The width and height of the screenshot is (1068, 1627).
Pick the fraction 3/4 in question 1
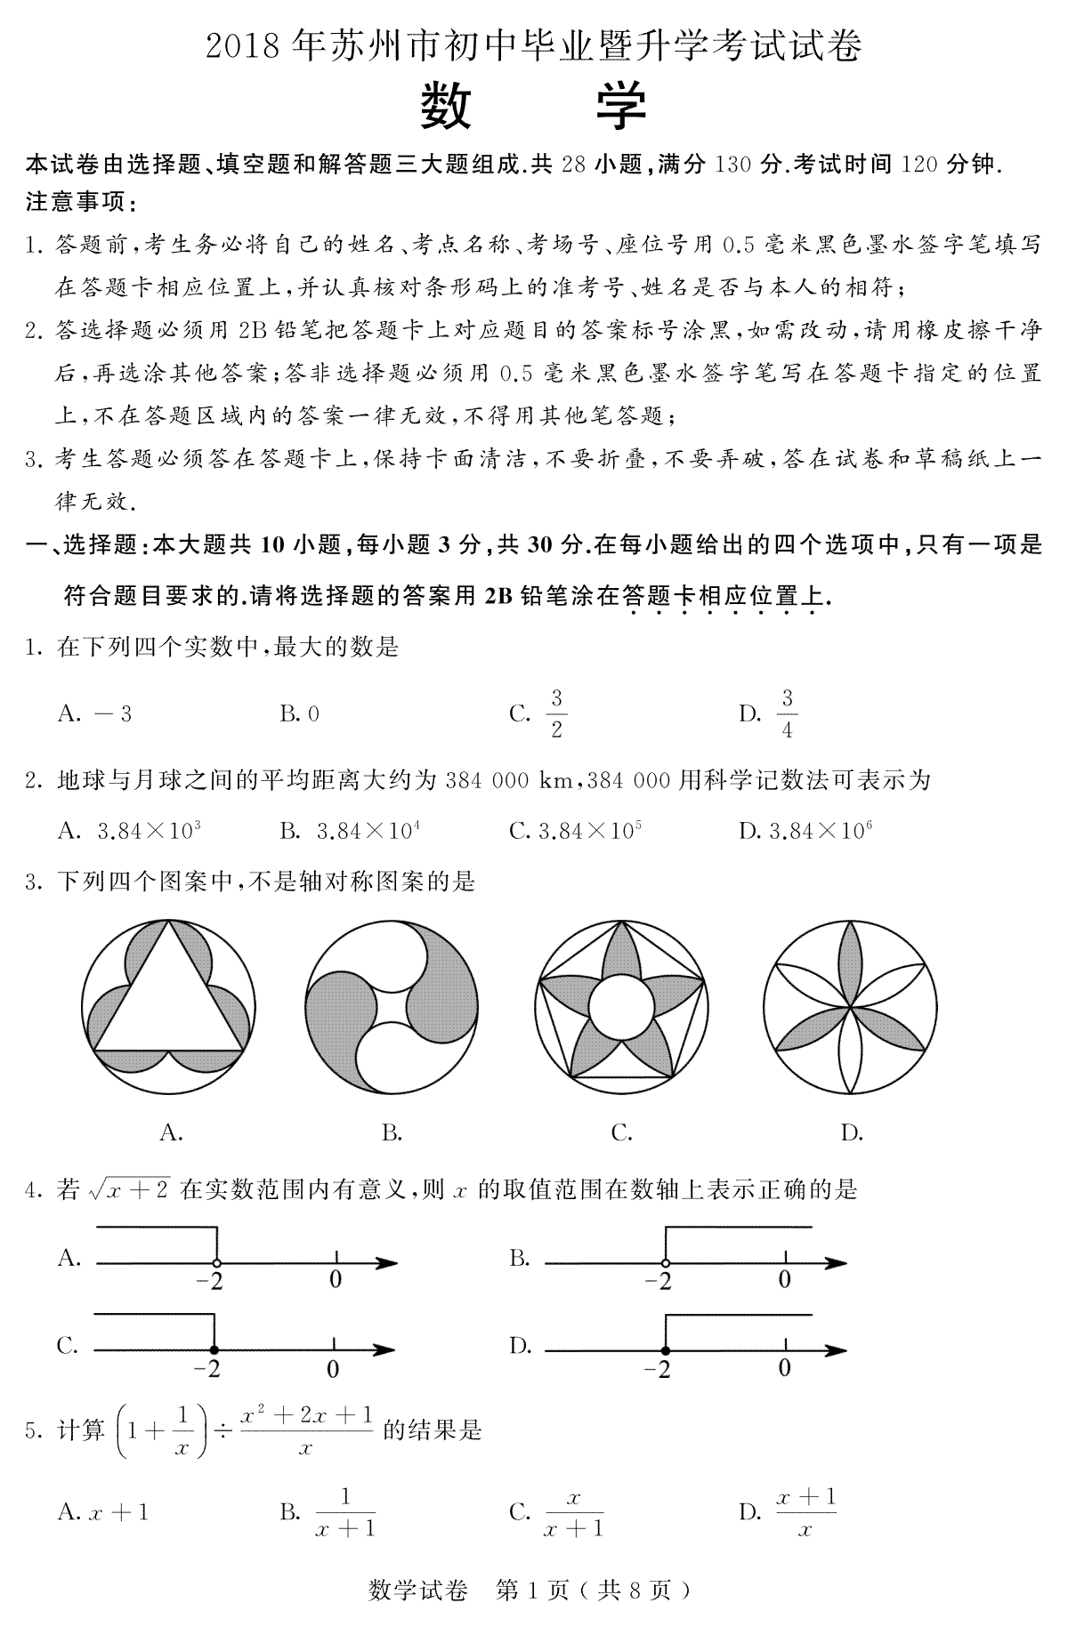[x=787, y=713]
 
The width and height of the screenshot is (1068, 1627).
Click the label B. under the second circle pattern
[x=392, y=1132]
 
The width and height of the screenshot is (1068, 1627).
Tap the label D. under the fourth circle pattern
[x=852, y=1132]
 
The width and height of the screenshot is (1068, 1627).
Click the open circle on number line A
[x=216, y=1262]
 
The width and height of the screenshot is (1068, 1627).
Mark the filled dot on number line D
[x=666, y=1350]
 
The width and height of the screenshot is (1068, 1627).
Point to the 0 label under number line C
[x=332, y=1369]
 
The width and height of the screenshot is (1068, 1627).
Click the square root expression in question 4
[x=128, y=1189]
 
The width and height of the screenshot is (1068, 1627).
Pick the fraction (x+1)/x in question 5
[x=805, y=1511]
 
